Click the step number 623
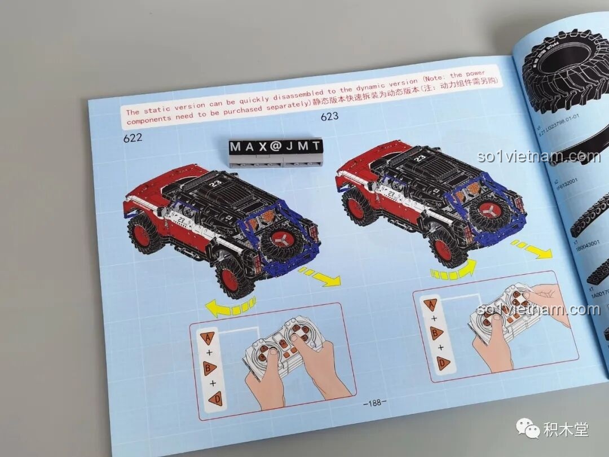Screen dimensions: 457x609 330,117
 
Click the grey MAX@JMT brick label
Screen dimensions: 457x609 275,147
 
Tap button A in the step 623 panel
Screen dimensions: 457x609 430,305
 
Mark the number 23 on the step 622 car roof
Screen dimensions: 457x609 215,183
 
